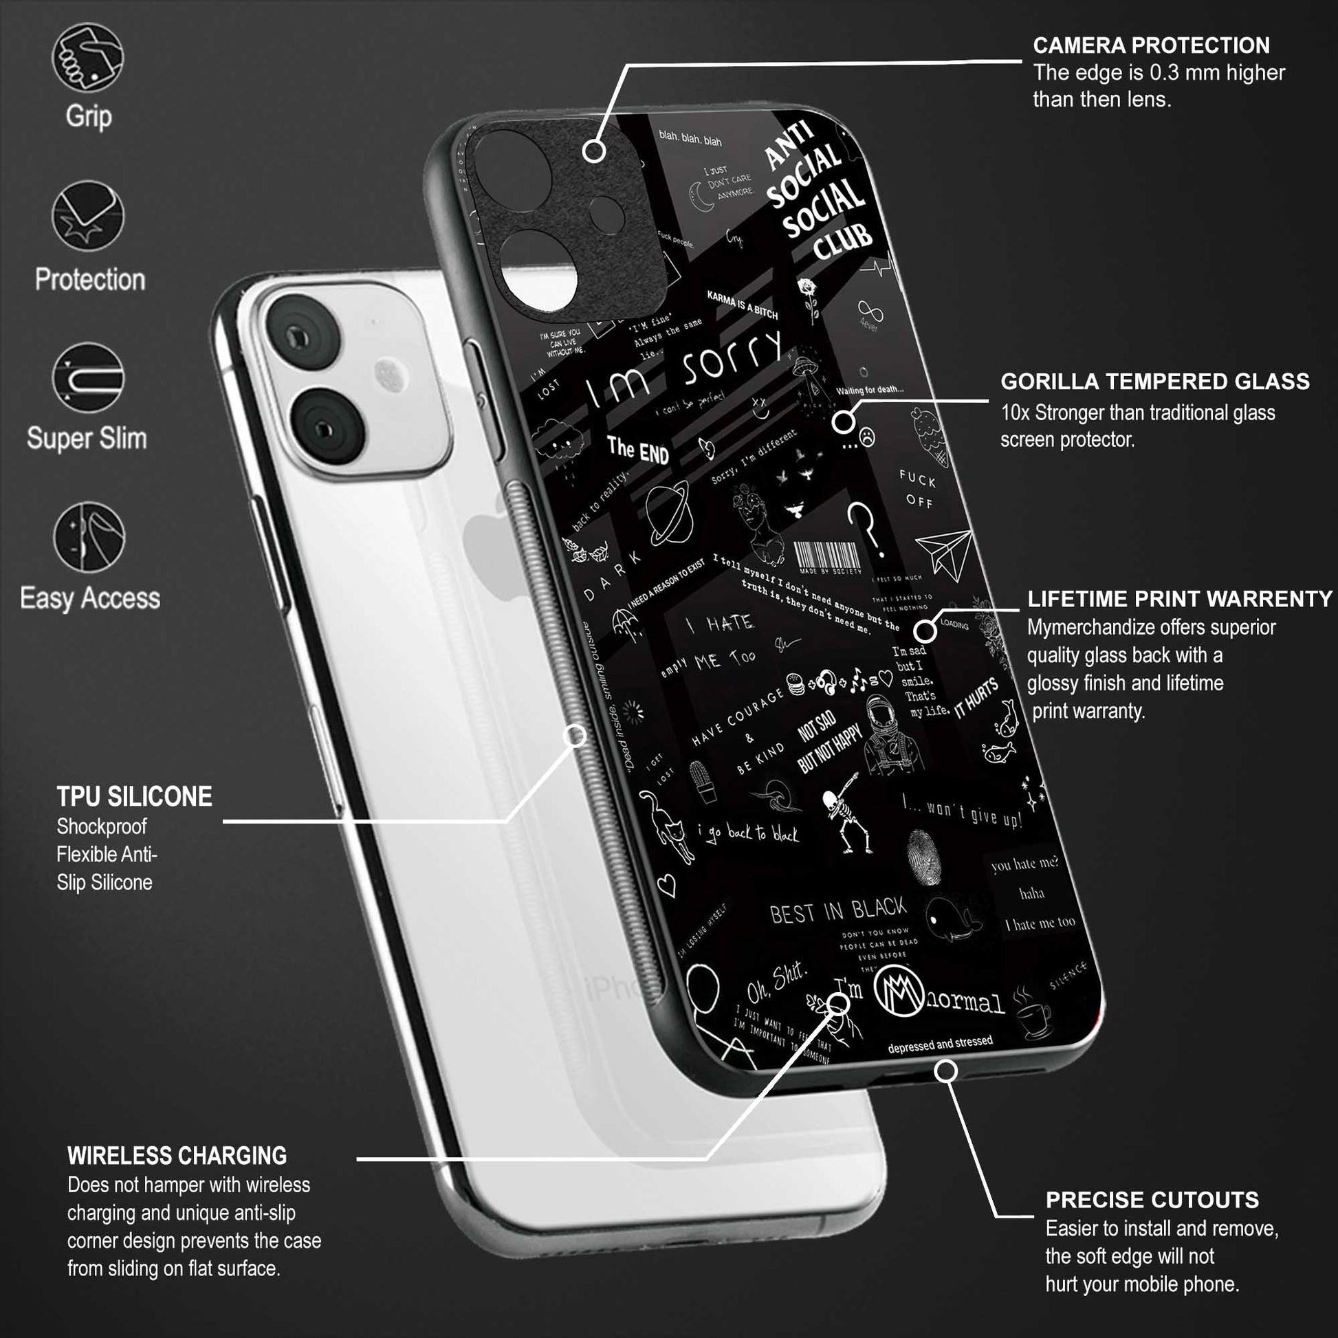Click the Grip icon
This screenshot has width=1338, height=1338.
click(x=88, y=57)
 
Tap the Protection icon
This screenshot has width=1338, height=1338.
click(x=88, y=216)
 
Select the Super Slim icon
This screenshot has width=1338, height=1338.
click(x=88, y=377)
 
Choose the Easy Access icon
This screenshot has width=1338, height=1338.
click(x=89, y=537)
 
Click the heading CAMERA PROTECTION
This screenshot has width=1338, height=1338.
click(x=1151, y=45)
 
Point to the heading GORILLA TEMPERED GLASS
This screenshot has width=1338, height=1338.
click(x=1154, y=382)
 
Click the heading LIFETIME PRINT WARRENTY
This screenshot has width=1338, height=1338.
click(x=1179, y=599)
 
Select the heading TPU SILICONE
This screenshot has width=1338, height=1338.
click(x=134, y=796)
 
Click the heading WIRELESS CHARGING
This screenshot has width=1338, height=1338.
click(x=177, y=1156)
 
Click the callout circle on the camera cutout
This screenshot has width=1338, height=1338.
click(x=593, y=151)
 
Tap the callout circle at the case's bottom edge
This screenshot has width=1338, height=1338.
click(x=946, y=1071)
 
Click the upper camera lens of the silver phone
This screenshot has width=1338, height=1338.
click(x=303, y=338)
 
